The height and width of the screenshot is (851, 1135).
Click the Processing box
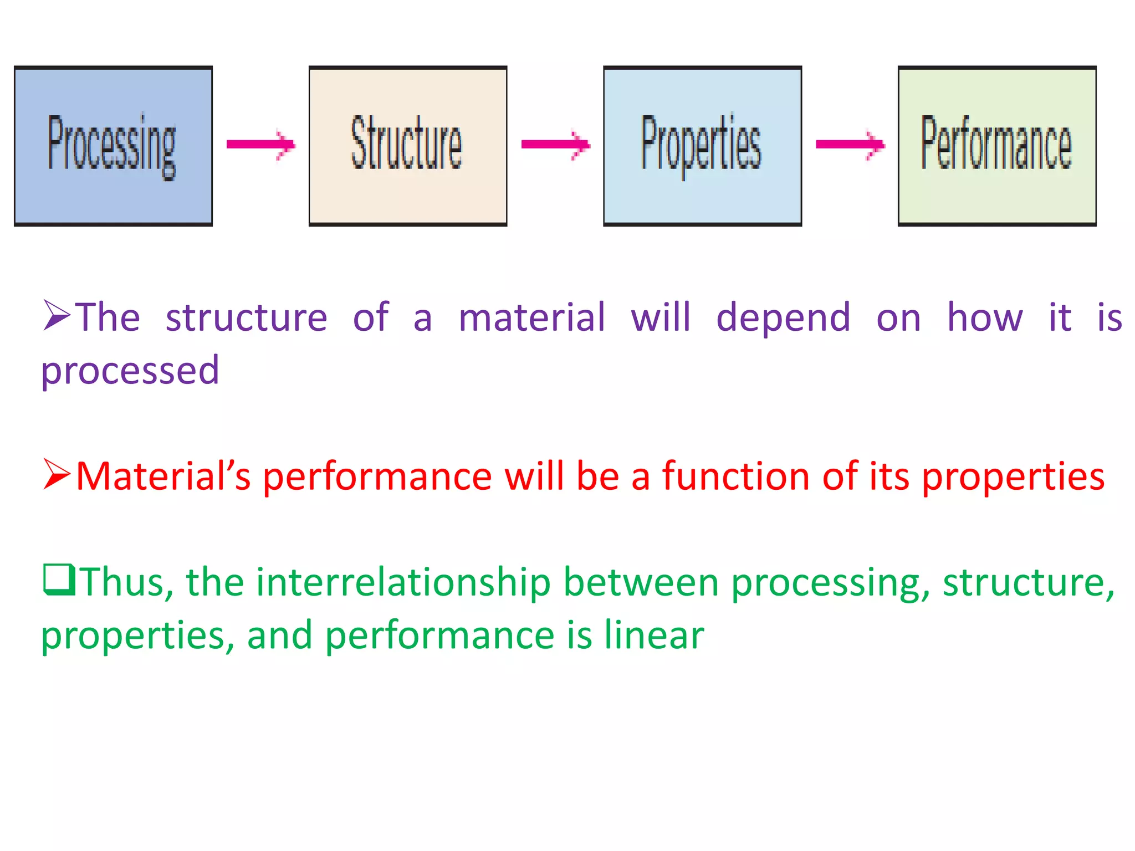113,146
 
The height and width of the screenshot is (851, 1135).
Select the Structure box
408,146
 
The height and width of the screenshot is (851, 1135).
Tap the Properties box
702,146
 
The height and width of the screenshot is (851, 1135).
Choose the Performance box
996,146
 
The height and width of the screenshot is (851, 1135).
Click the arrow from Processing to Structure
260,145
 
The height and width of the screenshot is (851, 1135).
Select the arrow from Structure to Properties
555,145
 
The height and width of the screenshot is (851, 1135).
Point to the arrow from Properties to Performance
850,145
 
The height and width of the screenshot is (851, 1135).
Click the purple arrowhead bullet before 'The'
57,316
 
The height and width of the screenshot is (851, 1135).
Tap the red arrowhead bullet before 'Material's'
57,475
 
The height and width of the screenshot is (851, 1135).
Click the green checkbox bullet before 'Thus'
58,580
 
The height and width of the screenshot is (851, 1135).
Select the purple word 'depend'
783,318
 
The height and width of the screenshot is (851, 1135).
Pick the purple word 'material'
532,318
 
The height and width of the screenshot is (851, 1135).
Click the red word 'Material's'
163,476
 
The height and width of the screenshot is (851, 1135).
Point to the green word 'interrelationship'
403,583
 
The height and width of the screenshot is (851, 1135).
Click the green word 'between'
641,583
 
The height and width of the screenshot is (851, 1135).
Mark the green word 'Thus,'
127,583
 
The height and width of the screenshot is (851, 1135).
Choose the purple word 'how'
985,318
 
